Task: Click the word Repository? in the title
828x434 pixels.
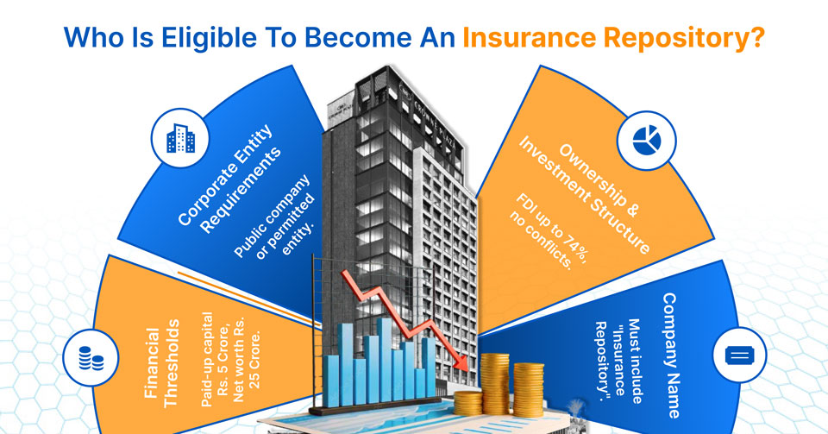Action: (x=681, y=40)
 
